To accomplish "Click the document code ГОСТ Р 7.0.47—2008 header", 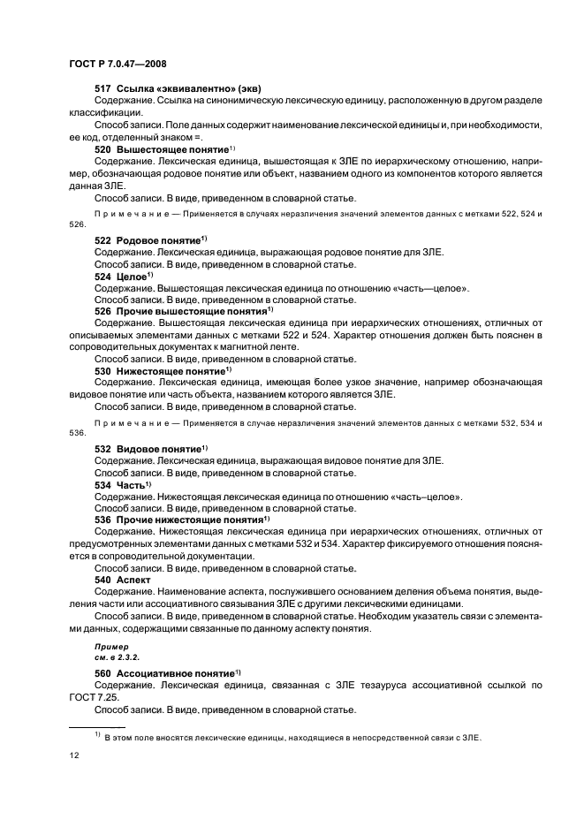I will (117, 64).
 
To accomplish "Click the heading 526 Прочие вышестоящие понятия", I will (183, 312).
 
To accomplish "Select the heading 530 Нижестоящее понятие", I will (161, 371).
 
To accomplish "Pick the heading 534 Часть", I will (122, 485).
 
